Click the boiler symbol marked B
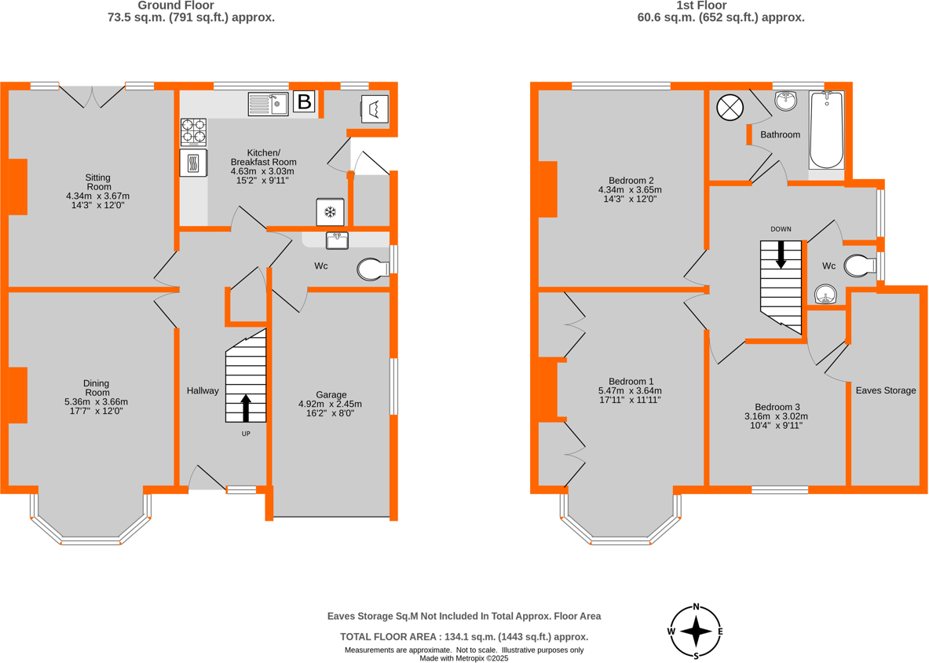tap(304, 101)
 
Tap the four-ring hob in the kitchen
tap(194, 132)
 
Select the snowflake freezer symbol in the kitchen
tap(331, 212)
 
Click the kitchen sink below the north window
tap(268, 104)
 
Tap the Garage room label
tap(331, 394)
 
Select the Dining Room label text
tap(97, 388)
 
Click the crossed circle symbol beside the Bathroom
tap(730, 108)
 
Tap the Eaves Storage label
tap(885, 390)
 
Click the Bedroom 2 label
tap(620, 178)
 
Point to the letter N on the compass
tap(696, 606)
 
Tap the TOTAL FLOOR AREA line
tap(463, 637)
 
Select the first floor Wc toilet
tap(859, 266)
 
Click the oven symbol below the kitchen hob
tap(193, 163)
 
